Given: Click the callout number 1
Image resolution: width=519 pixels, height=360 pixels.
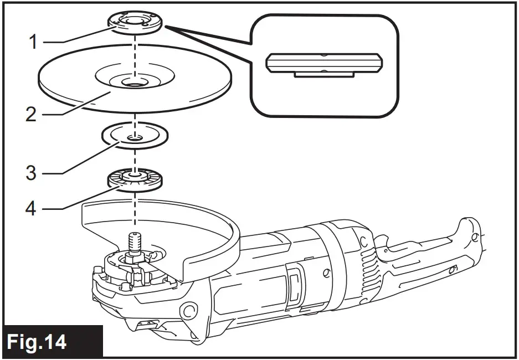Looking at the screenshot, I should point(33,42).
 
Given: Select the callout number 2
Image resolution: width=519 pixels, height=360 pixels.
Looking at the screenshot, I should point(32,115).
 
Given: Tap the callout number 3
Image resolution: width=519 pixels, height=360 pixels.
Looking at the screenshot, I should point(32,172).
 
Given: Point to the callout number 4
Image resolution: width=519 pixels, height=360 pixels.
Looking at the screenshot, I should point(32,209).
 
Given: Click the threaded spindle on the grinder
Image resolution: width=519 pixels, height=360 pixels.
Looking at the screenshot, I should point(135,243).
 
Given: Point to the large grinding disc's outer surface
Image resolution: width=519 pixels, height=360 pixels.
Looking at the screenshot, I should point(72,83).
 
